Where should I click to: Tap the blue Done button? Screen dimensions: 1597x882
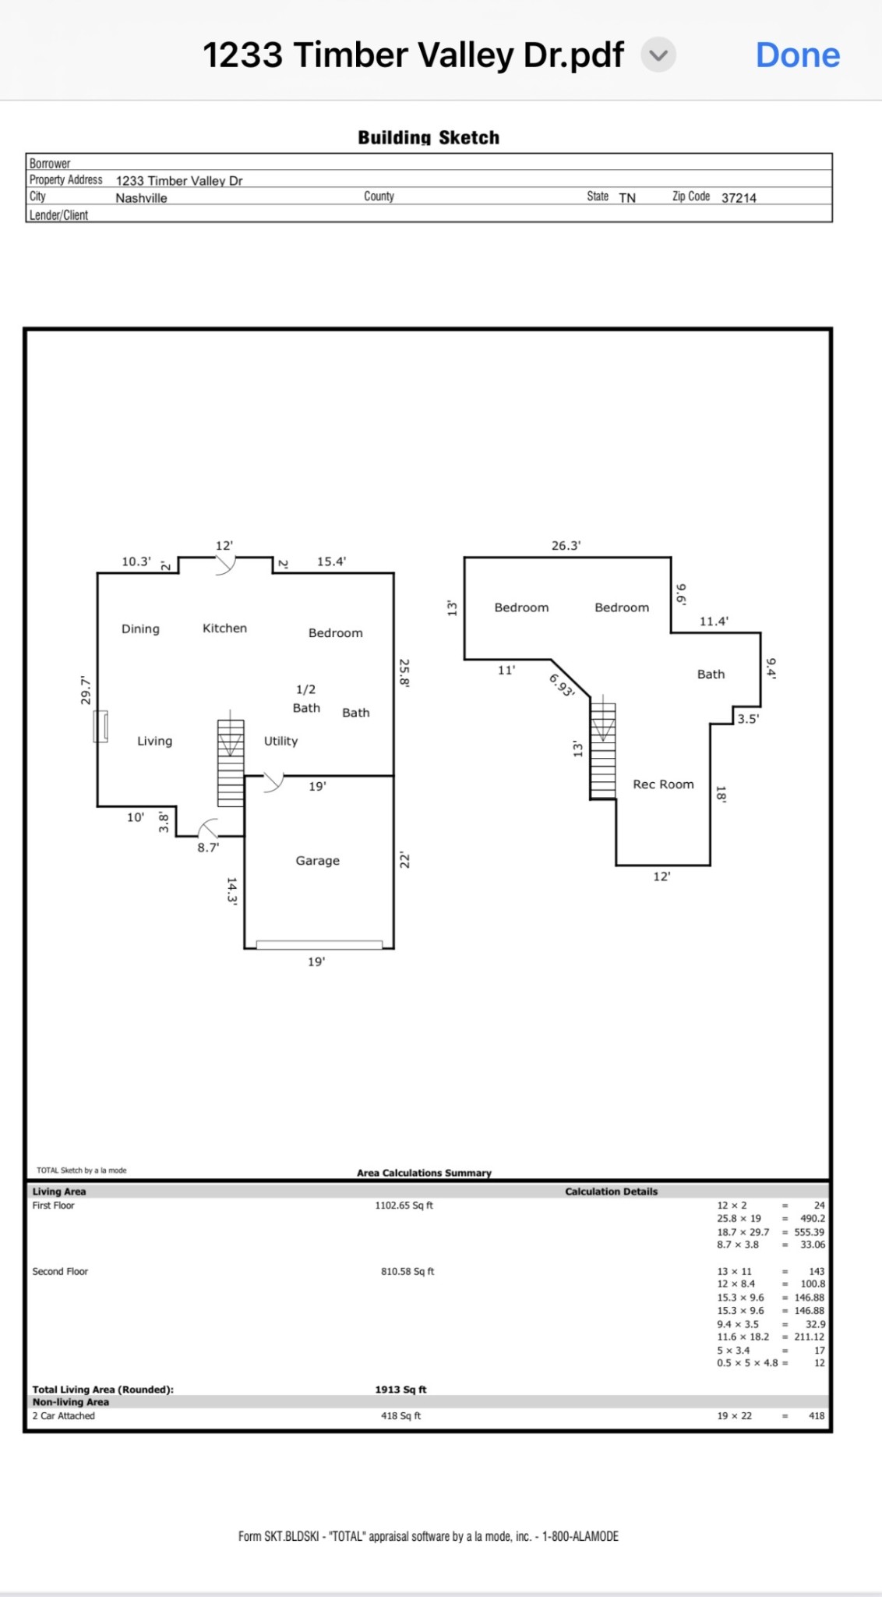point(797,55)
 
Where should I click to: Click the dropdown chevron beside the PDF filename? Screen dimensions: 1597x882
point(658,55)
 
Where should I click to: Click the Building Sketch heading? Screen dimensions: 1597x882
point(429,138)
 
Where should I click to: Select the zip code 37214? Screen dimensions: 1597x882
point(739,198)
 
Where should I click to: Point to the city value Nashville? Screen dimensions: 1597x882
point(141,198)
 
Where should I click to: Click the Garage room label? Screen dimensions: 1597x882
point(317,861)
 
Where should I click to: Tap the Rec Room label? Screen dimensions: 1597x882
point(663,784)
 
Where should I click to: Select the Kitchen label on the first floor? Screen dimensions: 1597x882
point(224,629)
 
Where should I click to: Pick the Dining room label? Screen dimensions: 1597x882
point(140,629)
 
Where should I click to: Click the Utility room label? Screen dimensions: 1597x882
point(280,742)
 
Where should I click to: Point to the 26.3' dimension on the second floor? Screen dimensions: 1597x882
point(566,546)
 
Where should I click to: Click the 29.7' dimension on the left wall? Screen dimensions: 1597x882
point(86,691)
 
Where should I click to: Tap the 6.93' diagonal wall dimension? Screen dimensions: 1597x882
point(562,685)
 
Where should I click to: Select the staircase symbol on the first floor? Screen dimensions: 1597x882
point(231,762)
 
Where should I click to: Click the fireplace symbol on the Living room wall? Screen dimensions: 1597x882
point(101,727)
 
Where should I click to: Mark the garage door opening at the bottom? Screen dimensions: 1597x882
point(319,945)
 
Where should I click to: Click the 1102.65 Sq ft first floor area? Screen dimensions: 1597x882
point(404,1206)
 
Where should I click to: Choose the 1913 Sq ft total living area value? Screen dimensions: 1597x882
point(400,1390)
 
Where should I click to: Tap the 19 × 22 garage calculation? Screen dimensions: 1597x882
point(734,1416)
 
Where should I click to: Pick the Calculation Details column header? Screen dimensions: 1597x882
point(611,1192)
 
